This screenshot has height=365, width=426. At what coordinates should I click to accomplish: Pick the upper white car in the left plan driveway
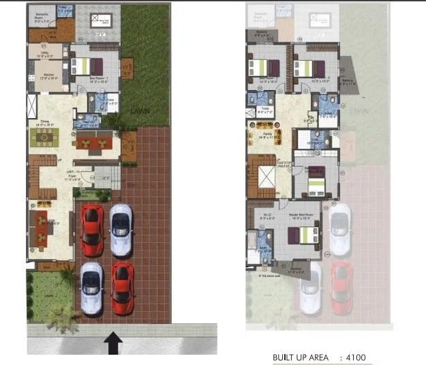click(x=121, y=222)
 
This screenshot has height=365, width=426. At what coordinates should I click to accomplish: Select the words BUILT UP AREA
click(x=301, y=357)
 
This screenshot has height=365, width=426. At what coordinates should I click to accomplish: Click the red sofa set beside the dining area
click(x=93, y=143)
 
